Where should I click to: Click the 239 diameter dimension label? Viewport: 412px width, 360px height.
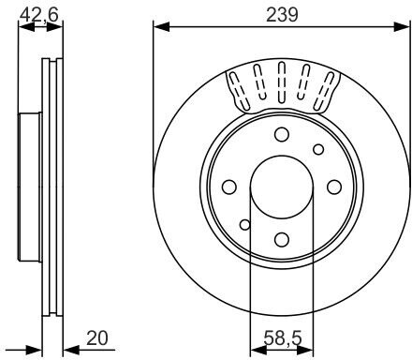[282, 15]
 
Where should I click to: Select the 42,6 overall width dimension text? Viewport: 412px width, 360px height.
[39, 15]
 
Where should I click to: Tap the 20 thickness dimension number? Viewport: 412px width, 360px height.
[97, 338]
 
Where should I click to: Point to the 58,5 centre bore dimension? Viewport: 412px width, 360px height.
[283, 337]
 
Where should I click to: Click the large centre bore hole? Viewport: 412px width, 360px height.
[282, 187]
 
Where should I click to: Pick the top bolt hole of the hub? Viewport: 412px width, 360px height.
[282, 134]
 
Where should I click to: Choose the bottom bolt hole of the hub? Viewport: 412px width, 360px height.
[282, 240]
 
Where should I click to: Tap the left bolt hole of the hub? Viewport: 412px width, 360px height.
[229, 187]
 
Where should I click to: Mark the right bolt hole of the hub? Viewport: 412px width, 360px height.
[334, 187]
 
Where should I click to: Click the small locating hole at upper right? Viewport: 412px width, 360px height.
[318, 150]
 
